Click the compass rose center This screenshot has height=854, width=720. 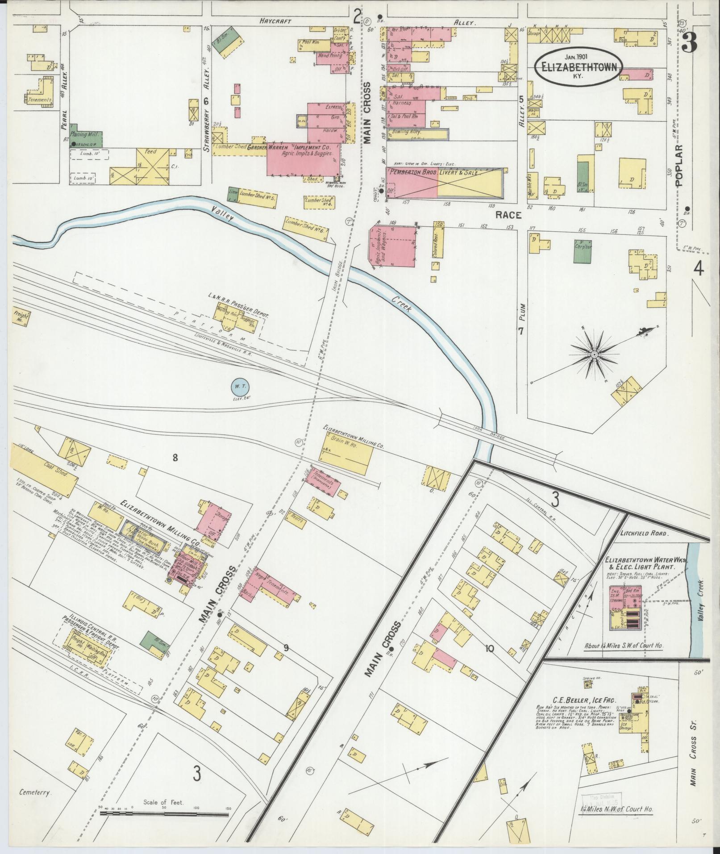coord(594,354)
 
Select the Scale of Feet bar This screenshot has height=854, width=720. coord(164,813)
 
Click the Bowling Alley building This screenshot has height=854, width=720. coord(418,133)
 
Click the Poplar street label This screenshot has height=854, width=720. coord(679,165)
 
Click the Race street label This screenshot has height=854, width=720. coord(508,215)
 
